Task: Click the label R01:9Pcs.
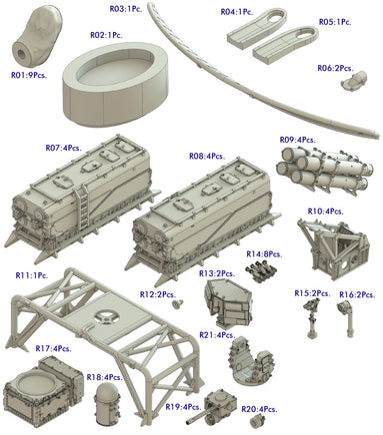(x=32, y=74)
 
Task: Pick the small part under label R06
(x=347, y=86)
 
